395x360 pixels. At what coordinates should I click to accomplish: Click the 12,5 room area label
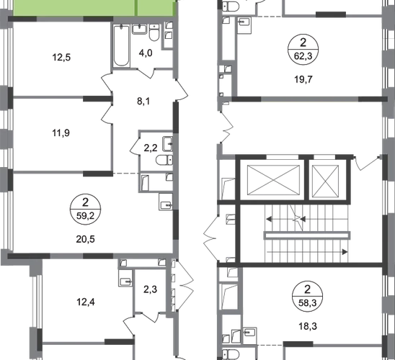pos(61,58)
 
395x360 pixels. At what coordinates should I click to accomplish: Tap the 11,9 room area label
pos(61,132)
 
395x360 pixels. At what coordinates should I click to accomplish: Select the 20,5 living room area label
pos(85,239)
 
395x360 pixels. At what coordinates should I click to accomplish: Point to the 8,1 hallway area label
pos(143,102)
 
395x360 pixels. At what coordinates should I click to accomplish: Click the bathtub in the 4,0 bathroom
pos(121,45)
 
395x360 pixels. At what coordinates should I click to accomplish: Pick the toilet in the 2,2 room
pos(164,160)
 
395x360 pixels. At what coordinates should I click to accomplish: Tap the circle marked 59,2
pos(85,210)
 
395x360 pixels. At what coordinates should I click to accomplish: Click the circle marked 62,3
pos(303,49)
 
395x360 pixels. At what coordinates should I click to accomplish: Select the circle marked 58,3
pos(307,296)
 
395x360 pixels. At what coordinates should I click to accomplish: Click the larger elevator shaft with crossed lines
pos(274,180)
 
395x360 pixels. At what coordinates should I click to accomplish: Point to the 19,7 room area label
pos(303,79)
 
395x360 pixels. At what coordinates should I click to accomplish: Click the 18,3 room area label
pos(308,326)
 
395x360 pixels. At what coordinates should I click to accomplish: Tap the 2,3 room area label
pos(151,289)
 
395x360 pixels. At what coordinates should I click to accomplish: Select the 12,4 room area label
pos(86,302)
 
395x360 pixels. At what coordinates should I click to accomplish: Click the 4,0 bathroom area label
pos(146,53)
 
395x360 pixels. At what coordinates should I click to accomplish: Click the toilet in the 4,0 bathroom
pos(154,32)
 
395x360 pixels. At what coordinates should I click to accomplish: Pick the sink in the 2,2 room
pos(167,144)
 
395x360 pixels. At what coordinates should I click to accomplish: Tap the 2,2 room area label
pos(151,148)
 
